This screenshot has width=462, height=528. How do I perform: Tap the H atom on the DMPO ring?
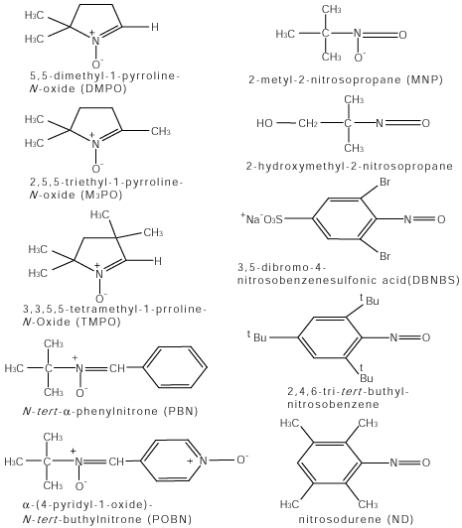[155, 27]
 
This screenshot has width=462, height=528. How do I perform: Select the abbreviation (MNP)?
[424, 79]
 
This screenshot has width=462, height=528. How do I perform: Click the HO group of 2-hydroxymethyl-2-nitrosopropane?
[264, 123]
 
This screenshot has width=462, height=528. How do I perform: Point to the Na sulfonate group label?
[261, 219]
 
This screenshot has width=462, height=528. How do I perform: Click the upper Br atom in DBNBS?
[385, 183]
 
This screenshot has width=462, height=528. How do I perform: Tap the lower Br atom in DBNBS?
[385, 257]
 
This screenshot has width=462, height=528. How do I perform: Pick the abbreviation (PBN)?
[181, 411]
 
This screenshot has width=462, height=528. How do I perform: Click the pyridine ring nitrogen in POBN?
[204, 460]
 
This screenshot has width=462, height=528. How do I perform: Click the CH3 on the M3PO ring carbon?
[161, 131]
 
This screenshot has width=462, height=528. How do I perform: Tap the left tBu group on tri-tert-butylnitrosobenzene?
[256, 336]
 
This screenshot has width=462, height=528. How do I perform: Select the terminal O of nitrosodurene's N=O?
[426, 462]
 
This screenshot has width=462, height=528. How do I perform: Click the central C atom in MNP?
[325, 34]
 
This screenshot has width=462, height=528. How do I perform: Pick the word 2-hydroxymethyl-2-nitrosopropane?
[349, 166]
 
